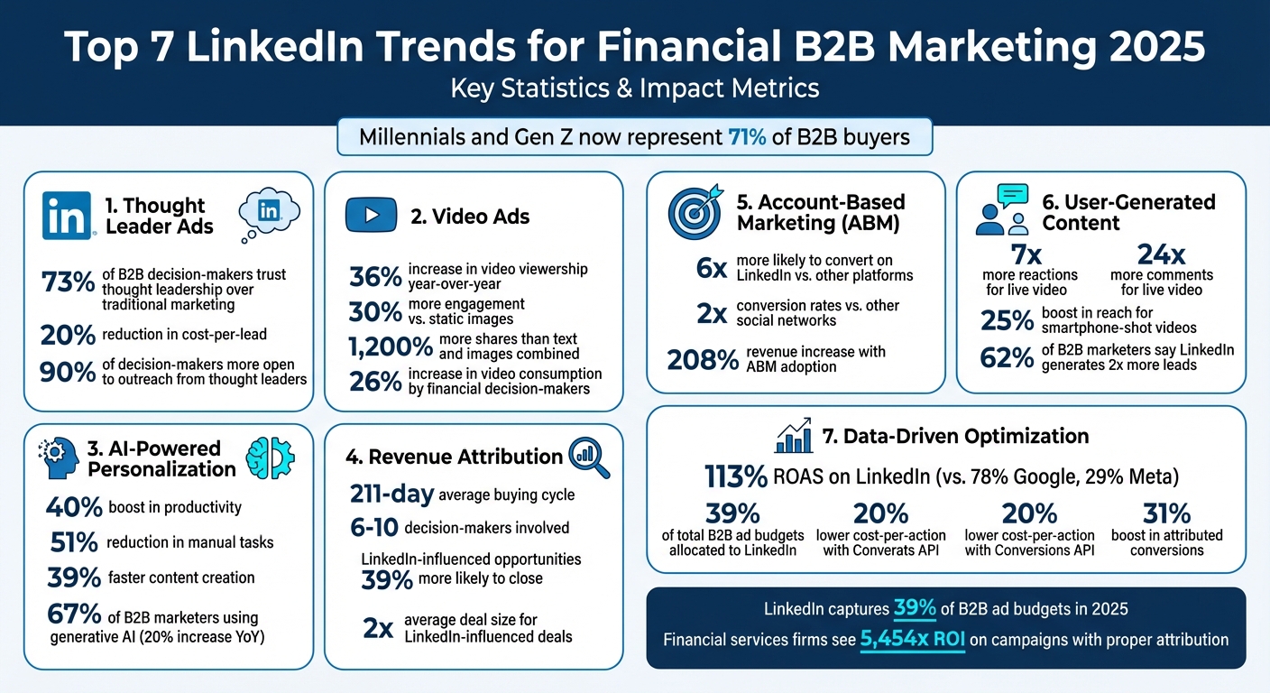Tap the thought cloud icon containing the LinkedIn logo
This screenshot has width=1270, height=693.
coord(269,213)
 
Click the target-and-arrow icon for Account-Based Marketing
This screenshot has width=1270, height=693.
coord(695,212)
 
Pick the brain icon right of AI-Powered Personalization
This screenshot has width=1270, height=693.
coord(271,457)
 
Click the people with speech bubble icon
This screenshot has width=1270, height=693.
coord(1004,210)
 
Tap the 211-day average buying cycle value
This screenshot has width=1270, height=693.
coord(391,494)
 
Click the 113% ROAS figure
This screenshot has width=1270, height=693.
coord(735,476)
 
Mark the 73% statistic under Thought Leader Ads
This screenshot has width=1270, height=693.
coord(68,282)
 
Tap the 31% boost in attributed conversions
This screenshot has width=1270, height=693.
coord(1166,513)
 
